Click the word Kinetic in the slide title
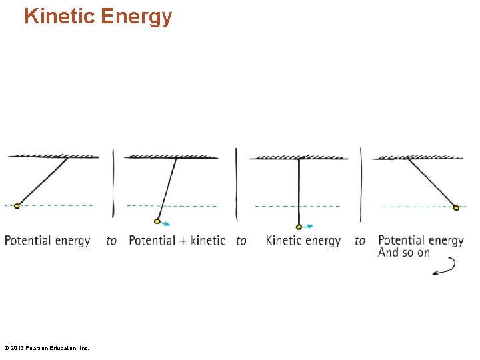pos(59,16)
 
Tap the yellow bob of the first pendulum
pos(17,206)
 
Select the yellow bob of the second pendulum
pos(157,221)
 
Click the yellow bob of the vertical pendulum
pos(299,227)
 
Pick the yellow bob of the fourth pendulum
pos(456,207)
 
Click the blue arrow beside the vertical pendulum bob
pos(307,227)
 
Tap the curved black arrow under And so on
pos(444,267)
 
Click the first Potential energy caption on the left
pos(47,241)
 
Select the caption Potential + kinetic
pos(177,241)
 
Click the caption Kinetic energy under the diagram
pos(303,241)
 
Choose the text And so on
pos(404,253)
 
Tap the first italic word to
pos(111,241)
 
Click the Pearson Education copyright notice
pos(47,348)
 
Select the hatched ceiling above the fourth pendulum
pos(418,157)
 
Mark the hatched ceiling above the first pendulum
pos(53,156)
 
